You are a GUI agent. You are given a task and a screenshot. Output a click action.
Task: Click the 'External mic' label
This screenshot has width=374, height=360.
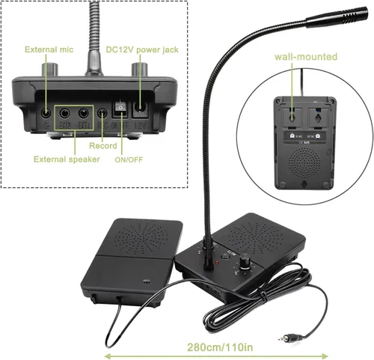click(x=49, y=49)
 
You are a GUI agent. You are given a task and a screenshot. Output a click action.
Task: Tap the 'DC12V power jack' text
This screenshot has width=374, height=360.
click(x=142, y=49)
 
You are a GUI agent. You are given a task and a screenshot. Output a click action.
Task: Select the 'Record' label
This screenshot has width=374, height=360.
click(x=103, y=146)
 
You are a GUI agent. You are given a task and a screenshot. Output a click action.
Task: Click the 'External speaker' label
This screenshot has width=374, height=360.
click(x=67, y=159)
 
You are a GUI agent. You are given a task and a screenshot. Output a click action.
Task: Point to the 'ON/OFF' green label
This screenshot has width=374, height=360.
click(x=129, y=159)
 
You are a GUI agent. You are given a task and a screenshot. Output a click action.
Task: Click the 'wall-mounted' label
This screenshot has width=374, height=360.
click(x=306, y=57)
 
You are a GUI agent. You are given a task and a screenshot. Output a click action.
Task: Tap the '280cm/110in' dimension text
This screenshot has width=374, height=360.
click(x=220, y=347)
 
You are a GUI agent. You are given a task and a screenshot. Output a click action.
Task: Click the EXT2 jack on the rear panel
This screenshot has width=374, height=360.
click(x=64, y=114)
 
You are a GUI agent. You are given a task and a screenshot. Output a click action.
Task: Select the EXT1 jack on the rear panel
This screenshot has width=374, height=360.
click(x=84, y=114)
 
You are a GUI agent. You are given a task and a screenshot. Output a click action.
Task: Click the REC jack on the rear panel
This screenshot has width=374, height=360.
click(x=102, y=114)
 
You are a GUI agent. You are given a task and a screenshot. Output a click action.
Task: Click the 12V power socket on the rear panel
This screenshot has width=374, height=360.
click(x=141, y=109)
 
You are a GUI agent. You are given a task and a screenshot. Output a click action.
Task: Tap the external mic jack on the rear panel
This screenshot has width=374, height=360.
click(x=46, y=114)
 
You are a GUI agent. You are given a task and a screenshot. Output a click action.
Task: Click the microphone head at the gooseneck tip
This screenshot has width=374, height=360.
click(x=337, y=16)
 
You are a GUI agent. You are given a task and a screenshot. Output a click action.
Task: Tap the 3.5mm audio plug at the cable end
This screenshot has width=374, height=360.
click(x=289, y=338)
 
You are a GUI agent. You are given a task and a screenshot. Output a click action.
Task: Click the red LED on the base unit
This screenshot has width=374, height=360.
click(x=217, y=263)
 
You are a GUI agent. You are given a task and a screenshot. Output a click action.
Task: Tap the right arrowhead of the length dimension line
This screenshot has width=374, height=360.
click(x=325, y=356)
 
